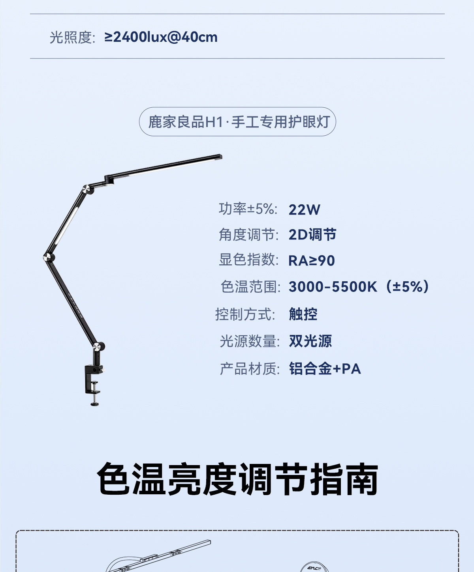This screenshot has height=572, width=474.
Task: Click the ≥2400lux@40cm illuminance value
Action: tap(161, 37)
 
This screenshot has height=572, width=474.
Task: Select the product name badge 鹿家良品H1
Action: tap(237, 122)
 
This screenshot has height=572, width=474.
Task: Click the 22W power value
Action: tap(304, 209)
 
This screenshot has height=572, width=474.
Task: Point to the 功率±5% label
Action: tap(248, 209)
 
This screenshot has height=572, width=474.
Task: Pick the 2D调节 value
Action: tap(312, 235)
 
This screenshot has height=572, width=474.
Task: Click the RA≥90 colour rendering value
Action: tap(312, 261)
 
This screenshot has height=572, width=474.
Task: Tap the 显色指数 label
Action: tap(248, 260)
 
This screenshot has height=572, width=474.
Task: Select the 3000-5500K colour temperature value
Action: tap(358, 287)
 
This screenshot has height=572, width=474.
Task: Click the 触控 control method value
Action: tap(303, 314)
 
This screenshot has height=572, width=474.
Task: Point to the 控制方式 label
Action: tap(245, 314)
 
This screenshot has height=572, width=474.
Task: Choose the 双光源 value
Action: tap(310, 341)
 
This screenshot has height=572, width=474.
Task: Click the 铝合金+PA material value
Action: tap(325, 369)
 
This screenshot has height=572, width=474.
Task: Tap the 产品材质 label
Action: tap(250, 369)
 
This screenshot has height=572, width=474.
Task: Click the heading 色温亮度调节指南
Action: tap(237, 479)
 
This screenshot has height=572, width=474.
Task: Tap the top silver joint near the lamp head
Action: tap(87, 189)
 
